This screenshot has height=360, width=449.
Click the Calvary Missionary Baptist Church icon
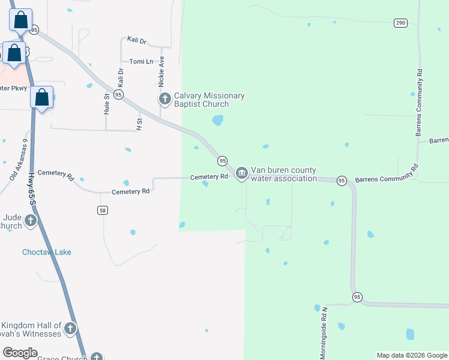tap(164, 98)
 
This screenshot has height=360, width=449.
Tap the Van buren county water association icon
tap(241, 173)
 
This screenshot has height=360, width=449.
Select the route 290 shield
tap(401, 23)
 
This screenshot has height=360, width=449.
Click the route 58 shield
tap(103, 210)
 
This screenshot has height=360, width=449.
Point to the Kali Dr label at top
tap(137, 40)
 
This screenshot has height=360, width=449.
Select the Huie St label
tap(106, 103)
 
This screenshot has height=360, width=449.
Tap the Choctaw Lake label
tap(47, 252)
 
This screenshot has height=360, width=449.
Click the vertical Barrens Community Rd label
tap(420, 102)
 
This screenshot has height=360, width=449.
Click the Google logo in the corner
tap(20, 353)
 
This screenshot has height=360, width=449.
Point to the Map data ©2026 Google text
tap(412, 355)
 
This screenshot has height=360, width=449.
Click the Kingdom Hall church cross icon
tap(71, 328)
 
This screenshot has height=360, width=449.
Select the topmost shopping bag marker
tap(21, 19)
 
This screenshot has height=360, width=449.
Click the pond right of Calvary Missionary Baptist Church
tap(217, 121)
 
